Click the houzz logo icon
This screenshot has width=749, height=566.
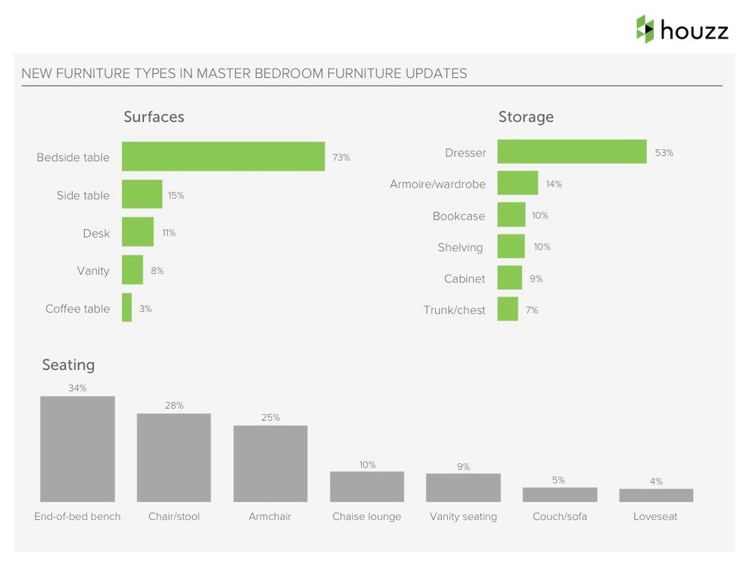point(645,29)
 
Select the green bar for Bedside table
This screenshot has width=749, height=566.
point(223,157)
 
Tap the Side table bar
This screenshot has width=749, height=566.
point(142,194)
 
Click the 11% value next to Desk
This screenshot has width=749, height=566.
point(169,233)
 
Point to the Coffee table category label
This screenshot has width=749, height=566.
point(77,309)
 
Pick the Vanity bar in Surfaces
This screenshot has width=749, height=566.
point(132,270)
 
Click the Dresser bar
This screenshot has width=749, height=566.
point(571,152)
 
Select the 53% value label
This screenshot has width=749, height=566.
point(664,153)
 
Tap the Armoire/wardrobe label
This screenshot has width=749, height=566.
point(437,184)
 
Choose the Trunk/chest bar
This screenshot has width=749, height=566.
point(508,309)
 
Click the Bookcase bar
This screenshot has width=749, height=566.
point(511,216)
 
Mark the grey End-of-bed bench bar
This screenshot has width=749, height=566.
point(77,449)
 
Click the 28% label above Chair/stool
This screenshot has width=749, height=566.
point(174,406)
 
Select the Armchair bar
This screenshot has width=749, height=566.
point(270,463)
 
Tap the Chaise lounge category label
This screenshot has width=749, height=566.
point(367,517)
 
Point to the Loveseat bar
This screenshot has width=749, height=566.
point(656,496)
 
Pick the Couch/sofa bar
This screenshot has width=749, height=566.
point(560,495)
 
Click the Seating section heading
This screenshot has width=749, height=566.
point(68,365)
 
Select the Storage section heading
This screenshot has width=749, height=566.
point(526,117)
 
